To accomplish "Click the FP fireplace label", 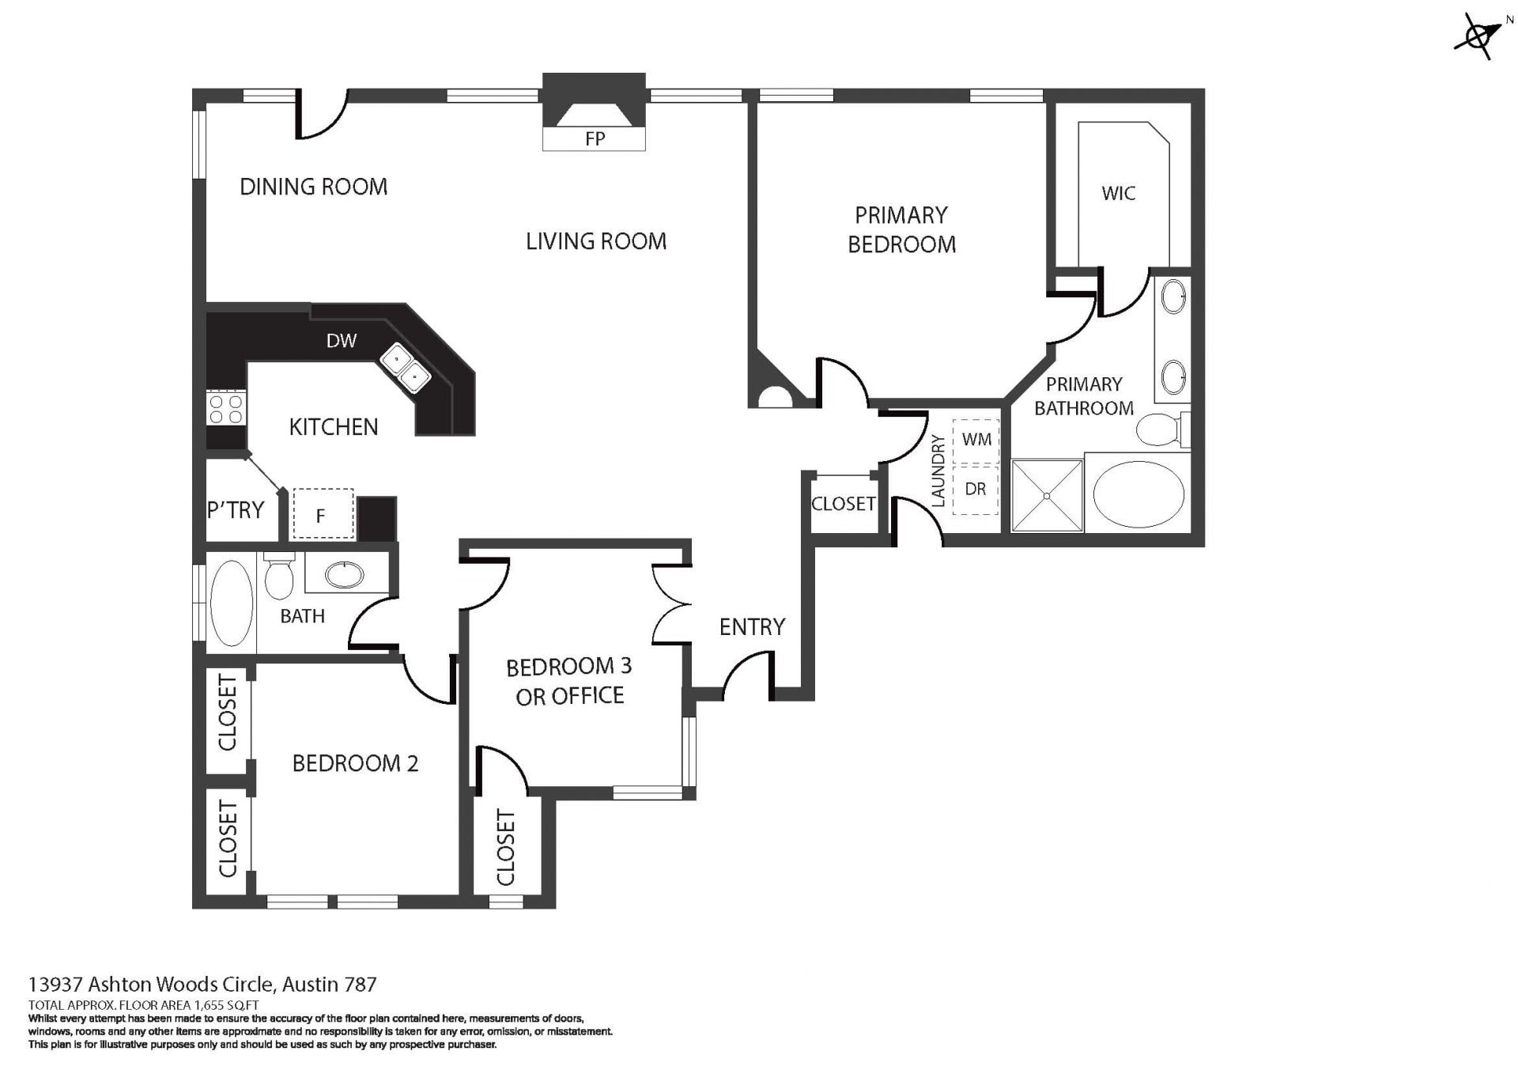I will tap(595, 139).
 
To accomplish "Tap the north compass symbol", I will tap(1477, 36).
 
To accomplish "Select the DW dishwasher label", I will tap(342, 341).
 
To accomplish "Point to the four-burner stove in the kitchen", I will tap(226, 409).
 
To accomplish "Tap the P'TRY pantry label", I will tap(236, 511).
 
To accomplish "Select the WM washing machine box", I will tap(976, 441).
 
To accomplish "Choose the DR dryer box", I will tap(976, 490).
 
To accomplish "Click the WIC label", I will tap(1118, 194).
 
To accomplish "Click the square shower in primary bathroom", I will tap(1047, 496).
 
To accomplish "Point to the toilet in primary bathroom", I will tap(1158, 429).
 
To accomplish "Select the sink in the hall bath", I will tap(345, 574).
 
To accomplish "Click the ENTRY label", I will tap(752, 627).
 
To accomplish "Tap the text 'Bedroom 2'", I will tap(355, 763).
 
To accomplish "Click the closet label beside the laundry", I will tap(843, 504).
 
